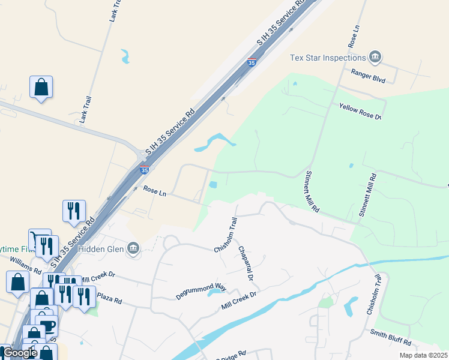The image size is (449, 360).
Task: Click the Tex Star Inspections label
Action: (328, 58)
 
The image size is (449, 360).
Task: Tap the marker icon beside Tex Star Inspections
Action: (375, 58)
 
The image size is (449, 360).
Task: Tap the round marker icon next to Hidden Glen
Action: (133, 248)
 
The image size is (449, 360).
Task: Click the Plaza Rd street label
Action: (109, 298)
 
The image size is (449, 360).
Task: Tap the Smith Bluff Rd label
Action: (391, 338)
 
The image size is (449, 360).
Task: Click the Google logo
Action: (20, 353)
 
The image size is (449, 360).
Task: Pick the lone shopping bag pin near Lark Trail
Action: (41, 87)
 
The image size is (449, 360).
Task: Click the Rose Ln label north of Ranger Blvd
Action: (353, 37)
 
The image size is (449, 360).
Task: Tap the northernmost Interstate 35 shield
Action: (252, 62)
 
